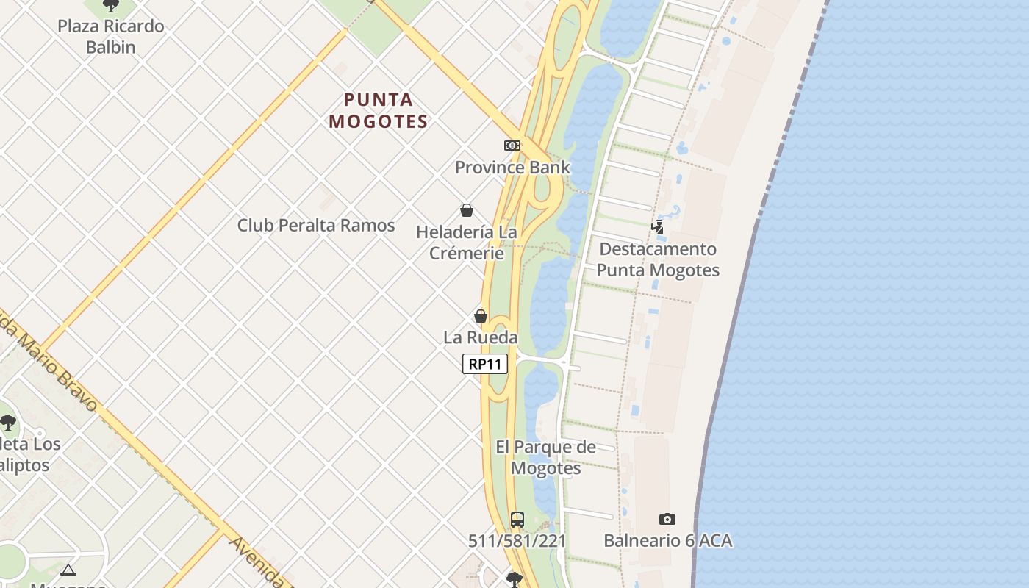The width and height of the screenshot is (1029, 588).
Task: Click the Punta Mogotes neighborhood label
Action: click(x=379, y=110)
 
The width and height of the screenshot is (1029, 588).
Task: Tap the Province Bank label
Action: click(x=512, y=167)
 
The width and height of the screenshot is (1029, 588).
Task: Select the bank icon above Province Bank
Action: click(x=512, y=146)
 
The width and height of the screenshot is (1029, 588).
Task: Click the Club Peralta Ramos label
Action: click(x=316, y=225)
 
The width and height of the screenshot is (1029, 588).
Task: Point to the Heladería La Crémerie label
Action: click(x=467, y=243)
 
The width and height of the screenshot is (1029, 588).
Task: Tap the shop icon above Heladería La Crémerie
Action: click(x=467, y=211)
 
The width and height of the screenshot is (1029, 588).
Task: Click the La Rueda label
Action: click(x=481, y=337)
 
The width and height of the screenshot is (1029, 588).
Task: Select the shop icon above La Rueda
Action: click(x=481, y=316)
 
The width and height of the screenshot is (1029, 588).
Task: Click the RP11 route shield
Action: click(x=485, y=364)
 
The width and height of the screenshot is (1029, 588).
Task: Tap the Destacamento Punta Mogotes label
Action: click(x=658, y=259)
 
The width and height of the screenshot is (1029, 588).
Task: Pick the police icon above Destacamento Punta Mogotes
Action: click(x=658, y=227)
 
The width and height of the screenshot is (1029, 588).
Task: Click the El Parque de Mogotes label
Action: click(x=545, y=457)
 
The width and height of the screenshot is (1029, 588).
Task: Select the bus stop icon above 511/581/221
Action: click(x=517, y=520)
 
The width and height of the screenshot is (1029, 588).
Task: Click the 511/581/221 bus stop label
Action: click(x=517, y=541)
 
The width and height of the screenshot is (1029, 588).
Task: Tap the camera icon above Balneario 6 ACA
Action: click(x=667, y=520)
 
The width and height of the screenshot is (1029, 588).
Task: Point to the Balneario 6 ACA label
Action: click(x=667, y=541)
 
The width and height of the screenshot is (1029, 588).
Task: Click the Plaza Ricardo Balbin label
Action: click(x=111, y=36)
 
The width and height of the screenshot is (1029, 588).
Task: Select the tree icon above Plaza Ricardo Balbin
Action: click(x=111, y=6)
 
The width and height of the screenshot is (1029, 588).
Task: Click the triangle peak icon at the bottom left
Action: click(x=68, y=570)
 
